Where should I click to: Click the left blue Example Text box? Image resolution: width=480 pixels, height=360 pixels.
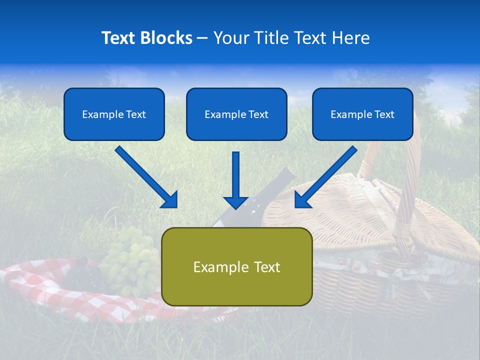[114, 114]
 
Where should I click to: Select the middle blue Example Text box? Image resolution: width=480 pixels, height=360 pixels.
[236, 114]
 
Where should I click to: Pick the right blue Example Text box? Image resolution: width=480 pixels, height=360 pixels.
[362, 114]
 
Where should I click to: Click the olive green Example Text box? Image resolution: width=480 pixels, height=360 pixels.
[236, 266]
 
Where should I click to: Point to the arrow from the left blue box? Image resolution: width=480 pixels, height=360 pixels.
[145, 176]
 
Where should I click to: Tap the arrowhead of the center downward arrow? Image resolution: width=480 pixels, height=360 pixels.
[235, 202]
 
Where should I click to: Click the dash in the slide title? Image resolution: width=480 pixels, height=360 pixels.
[202, 38]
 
